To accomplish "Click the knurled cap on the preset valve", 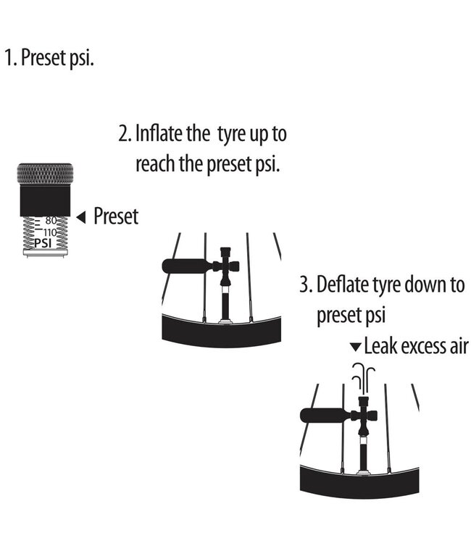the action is tap(45, 174).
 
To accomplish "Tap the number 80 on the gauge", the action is tap(51, 220).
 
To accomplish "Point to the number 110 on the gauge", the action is tap(49, 232).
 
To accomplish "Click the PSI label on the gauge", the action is tap(42, 243).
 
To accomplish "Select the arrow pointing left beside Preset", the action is tap(80, 217).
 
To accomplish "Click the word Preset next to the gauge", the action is tap(116, 216).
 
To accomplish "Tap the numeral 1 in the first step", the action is tap(9, 57).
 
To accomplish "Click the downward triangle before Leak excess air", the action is tap(356, 347).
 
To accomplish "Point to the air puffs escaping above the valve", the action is tap(363, 379).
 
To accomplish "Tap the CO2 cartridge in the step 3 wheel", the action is tap(326, 416).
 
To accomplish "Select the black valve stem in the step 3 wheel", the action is tap(363, 455).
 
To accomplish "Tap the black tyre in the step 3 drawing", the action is tap(359, 483).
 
